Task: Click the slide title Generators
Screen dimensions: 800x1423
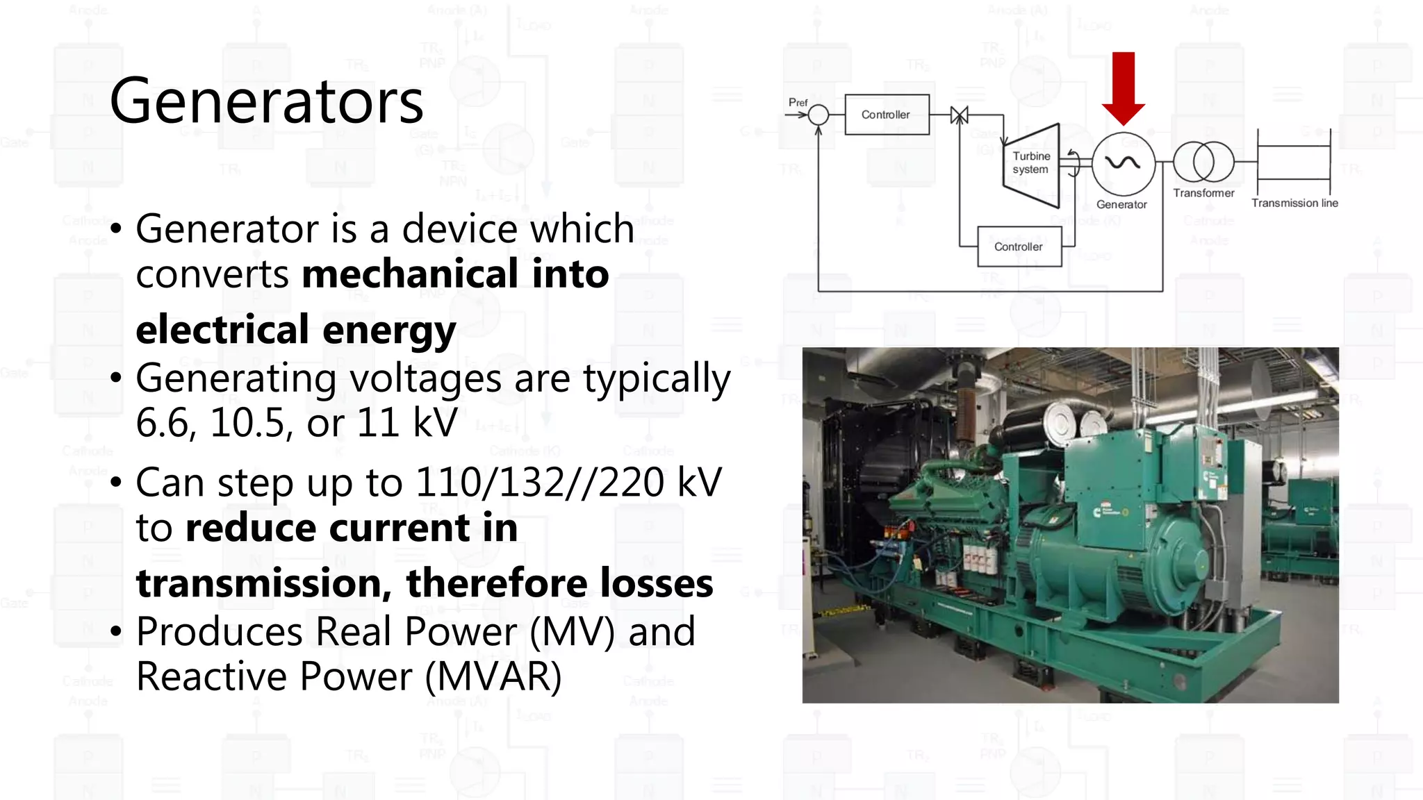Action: point(266,101)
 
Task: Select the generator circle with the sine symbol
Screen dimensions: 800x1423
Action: point(1123,164)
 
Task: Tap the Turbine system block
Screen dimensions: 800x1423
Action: point(1032,164)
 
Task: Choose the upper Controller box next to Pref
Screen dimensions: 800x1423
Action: point(887,115)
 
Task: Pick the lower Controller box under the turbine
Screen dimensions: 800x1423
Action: point(1019,247)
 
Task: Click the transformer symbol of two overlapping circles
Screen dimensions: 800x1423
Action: point(1203,162)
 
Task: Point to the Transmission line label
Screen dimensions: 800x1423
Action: point(1294,203)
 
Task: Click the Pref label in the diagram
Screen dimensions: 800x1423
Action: point(798,103)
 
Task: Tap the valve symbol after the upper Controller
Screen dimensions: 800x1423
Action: point(960,115)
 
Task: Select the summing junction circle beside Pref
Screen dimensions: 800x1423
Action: point(819,115)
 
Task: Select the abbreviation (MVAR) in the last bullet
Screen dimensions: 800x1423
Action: point(493,676)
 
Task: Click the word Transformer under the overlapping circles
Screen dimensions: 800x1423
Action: point(1203,193)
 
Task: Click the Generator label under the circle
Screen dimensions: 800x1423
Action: point(1121,204)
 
